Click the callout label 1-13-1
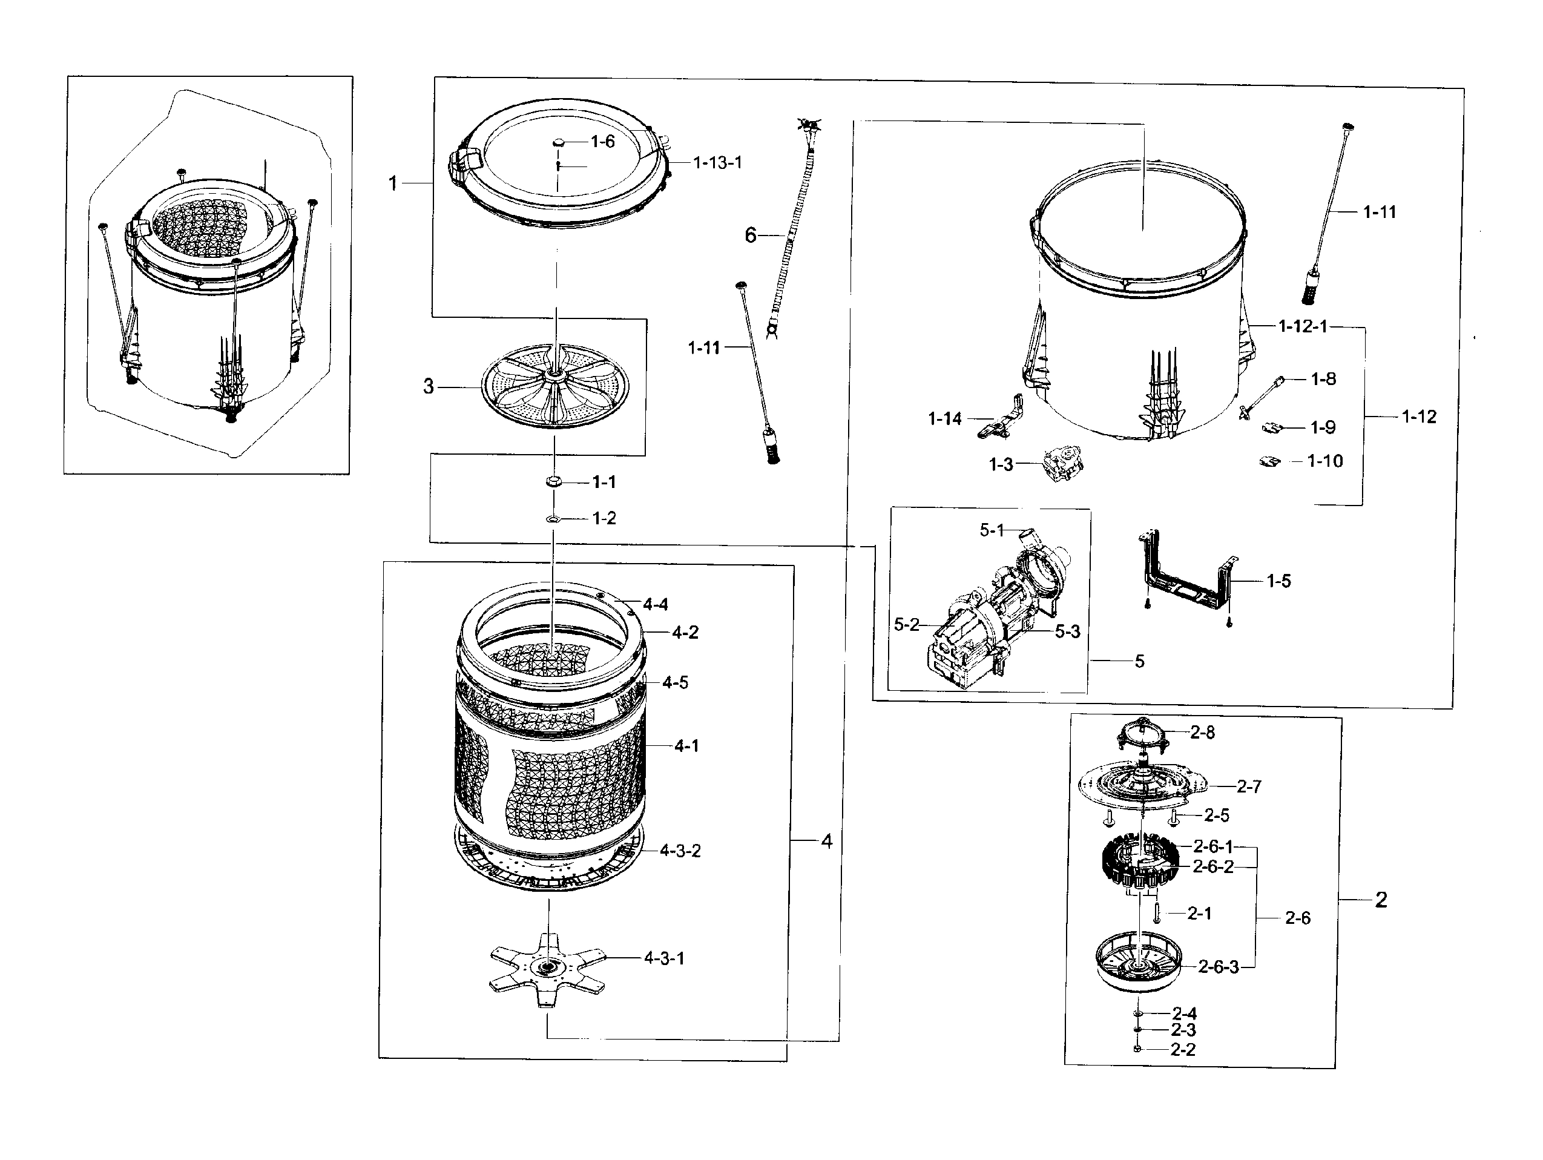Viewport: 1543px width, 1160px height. tap(717, 162)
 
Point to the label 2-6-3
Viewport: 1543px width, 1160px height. tap(1218, 967)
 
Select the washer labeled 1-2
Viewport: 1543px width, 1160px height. tap(553, 519)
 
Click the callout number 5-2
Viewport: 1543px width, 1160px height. tap(906, 625)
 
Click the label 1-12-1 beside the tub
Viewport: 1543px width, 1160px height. tap(1302, 326)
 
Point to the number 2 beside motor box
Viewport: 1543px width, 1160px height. tap(1381, 900)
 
